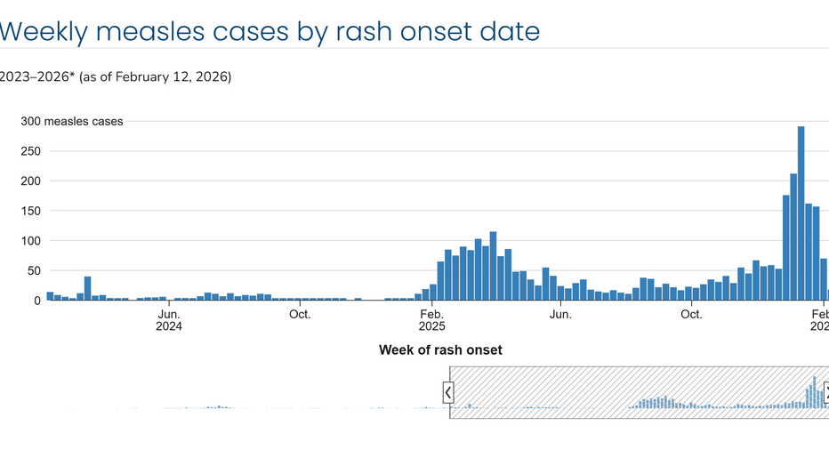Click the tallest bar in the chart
coord(801,213)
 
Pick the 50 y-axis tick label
coord(36,270)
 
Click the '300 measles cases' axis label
coord(72,121)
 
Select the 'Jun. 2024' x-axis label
coord(169,320)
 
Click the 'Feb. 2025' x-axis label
coord(431,320)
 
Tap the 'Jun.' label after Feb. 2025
coord(561,314)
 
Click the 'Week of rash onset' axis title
coord(440,350)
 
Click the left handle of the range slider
coord(448,392)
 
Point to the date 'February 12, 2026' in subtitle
coord(176,77)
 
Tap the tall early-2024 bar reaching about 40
coord(88,288)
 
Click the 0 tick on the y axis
coord(39,301)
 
